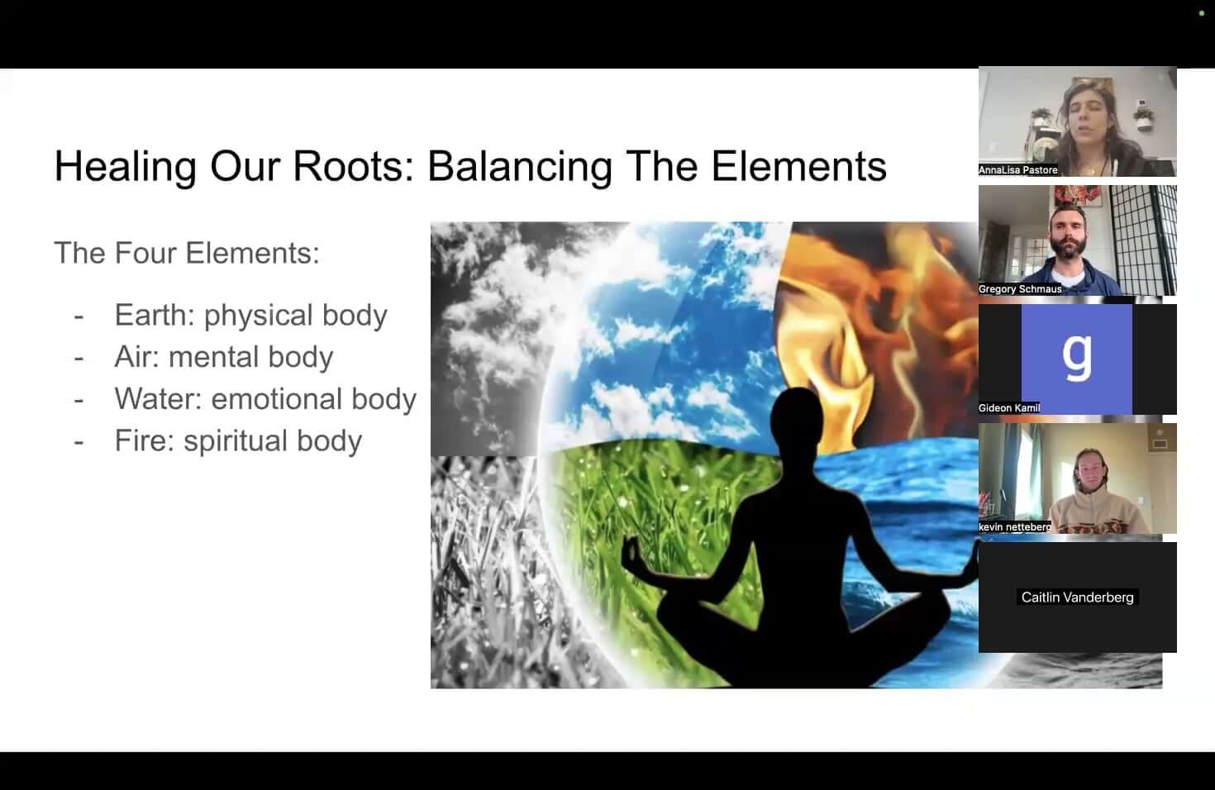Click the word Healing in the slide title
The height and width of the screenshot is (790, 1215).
[125, 167]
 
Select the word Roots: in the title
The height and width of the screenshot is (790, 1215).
[354, 166]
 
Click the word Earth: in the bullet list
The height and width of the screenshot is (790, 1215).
[155, 315]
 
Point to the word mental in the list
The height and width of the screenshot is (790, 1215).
[212, 357]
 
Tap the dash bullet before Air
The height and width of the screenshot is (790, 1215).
[79, 358]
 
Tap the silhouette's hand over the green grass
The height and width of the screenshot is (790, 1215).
[632, 550]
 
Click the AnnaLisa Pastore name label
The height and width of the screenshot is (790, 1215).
[1018, 170]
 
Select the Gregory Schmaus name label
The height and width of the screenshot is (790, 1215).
[1020, 289]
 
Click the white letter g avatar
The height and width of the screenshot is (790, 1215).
[1077, 355]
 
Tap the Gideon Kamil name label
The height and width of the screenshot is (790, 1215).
[1009, 408]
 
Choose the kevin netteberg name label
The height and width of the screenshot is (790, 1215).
[1015, 527]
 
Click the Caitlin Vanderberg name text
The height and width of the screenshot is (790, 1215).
[1077, 597]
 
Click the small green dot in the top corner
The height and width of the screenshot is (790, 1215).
[1202, 13]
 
